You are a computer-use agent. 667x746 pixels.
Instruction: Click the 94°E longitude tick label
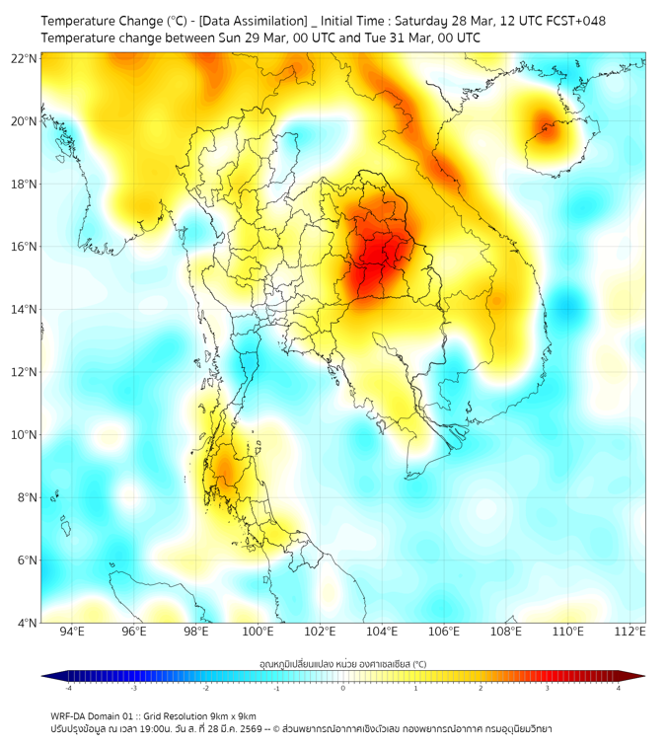click(x=71, y=632)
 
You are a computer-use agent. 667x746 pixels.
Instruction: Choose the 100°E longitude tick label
click(x=258, y=632)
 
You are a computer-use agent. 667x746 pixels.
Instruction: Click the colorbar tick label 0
click(x=343, y=688)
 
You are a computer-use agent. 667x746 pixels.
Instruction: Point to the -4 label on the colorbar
click(x=67, y=688)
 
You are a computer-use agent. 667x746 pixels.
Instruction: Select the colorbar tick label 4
click(x=619, y=688)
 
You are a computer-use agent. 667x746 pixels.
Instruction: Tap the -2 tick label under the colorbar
click(x=204, y=688)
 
